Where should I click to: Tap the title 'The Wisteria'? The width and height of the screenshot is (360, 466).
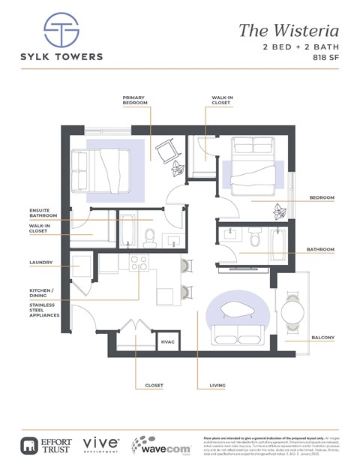coord(289,31)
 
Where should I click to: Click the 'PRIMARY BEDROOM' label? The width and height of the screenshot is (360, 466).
coord(135,100)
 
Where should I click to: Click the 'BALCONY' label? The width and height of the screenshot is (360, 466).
coord(322,338)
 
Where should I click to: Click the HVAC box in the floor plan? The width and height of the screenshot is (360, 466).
coord(168,342)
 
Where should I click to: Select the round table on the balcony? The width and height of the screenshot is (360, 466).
coord(292,308)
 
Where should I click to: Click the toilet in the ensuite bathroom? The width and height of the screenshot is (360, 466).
coord(148,238)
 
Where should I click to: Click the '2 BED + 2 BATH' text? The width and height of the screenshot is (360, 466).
coord(301,47)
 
